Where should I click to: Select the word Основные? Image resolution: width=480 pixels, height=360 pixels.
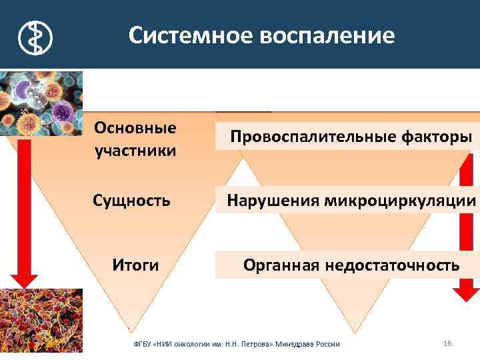[x=135, y=127]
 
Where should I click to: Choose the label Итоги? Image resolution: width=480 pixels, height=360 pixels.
[x=135, y=265]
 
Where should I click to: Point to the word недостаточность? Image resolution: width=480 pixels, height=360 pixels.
[x=393, y=265]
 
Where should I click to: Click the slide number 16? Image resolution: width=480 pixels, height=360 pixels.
[x=447, y=343]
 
